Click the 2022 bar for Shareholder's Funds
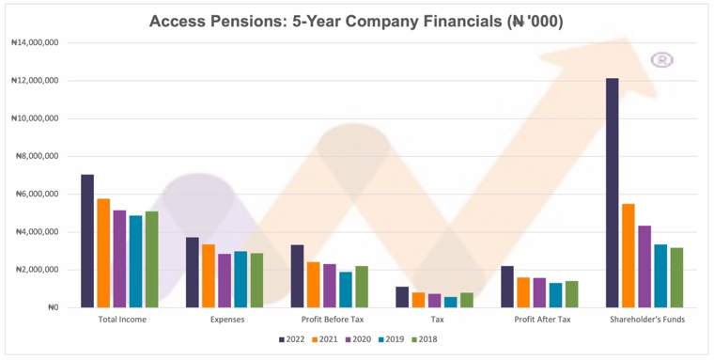coord(612,193)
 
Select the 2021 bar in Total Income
coord(104,253)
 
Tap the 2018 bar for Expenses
coord(256,280)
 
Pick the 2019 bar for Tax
coord(451,302)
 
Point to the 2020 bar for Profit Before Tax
coord(330,286)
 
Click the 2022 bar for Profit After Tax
coord(507,287)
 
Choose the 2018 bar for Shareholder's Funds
coord(676,277)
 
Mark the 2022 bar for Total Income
coord(87,241)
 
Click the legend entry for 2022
coord(292,339)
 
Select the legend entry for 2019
coord(390,339)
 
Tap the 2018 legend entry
coord(424,339)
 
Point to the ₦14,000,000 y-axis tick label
coord(35,43)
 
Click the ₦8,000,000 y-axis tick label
coord(37,156)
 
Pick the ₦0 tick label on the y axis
coord(53,307)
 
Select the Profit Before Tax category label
coord(333,320)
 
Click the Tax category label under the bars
coord(437,320)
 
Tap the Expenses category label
coord(227,320)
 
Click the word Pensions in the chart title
coord(245,22)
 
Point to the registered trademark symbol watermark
coord(661,60)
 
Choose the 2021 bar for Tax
coord(418,300)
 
